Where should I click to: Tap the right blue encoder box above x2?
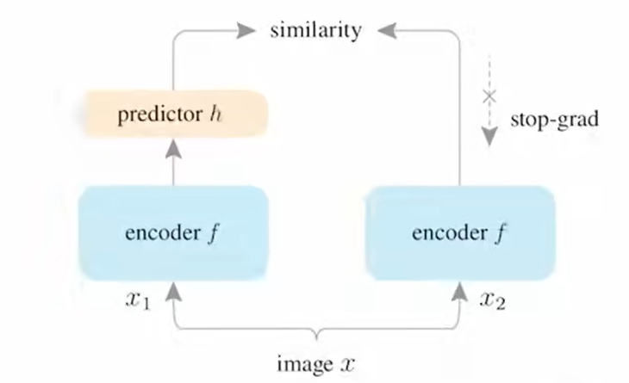click(459, 233)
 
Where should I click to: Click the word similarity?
click(314, 30)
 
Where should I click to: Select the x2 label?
click(492, 300)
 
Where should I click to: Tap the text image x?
click(315, 363)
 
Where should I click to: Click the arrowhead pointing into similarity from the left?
click(247, 31)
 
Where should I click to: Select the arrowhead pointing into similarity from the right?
click(384, 31)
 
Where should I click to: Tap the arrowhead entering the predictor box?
click(175, 148)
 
